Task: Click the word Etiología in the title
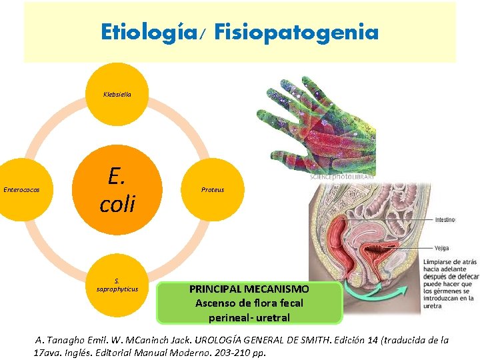157,31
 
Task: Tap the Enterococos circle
21,190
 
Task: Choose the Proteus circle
213,190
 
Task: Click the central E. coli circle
117,189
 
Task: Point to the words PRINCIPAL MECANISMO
249,289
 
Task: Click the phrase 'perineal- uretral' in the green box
249,317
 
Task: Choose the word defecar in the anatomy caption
461,275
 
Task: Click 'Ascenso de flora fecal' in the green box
249,303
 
